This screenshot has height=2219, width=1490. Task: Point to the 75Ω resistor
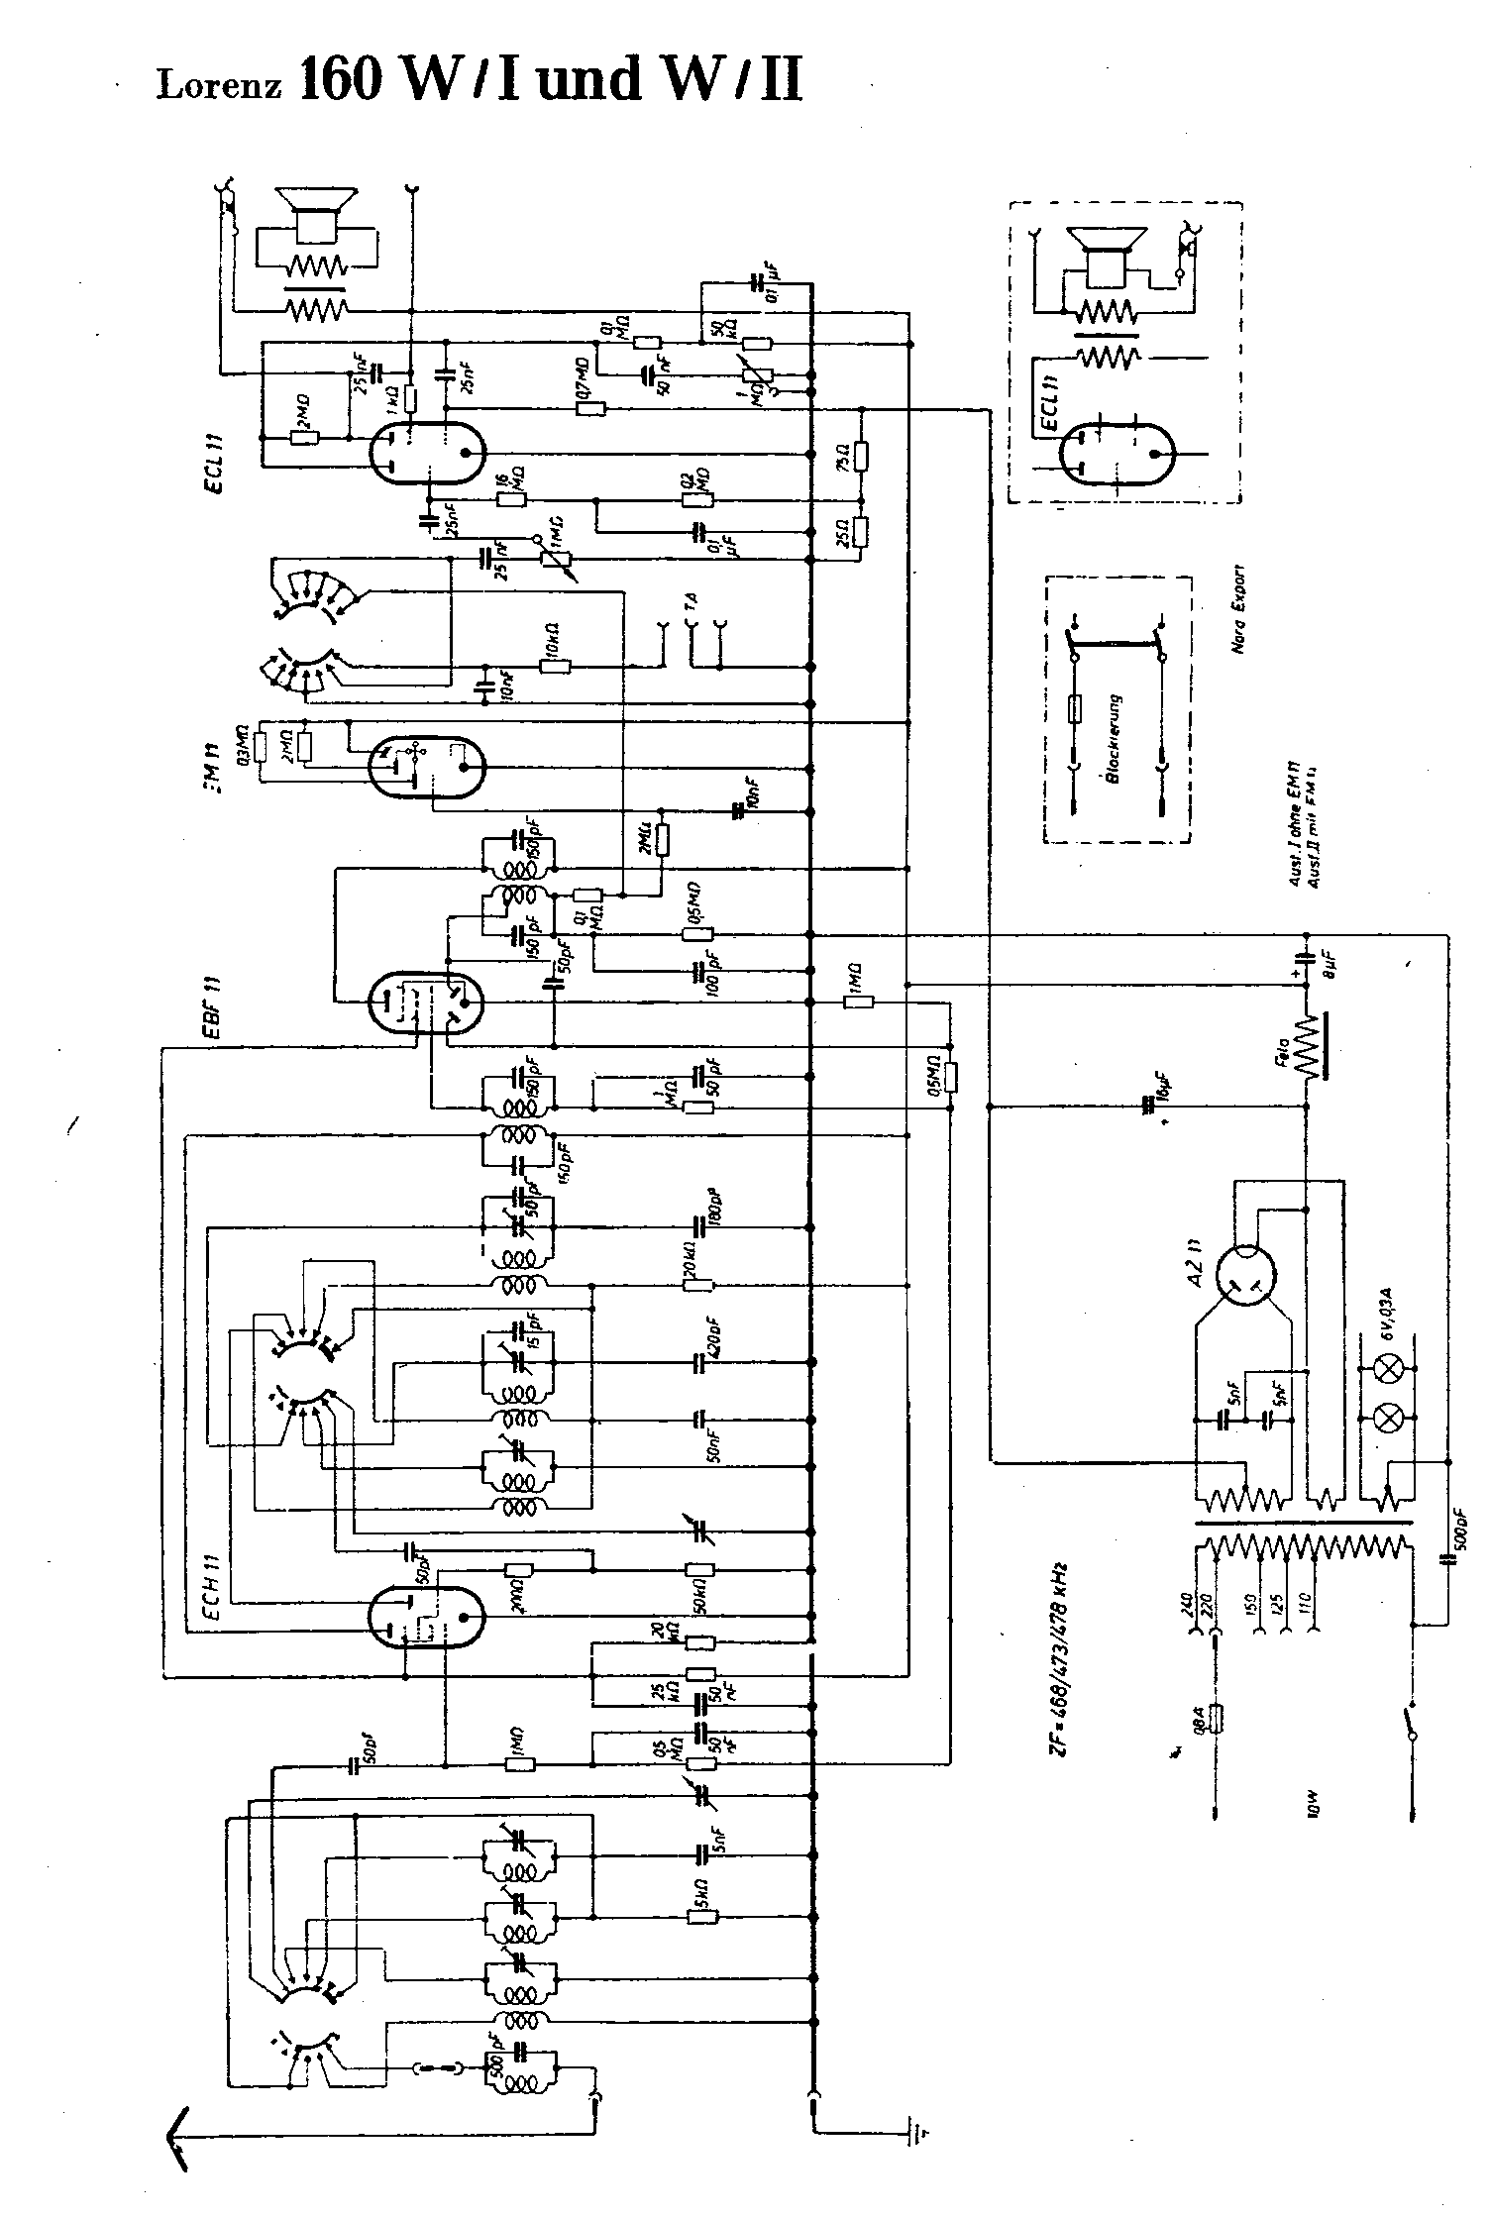861,456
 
